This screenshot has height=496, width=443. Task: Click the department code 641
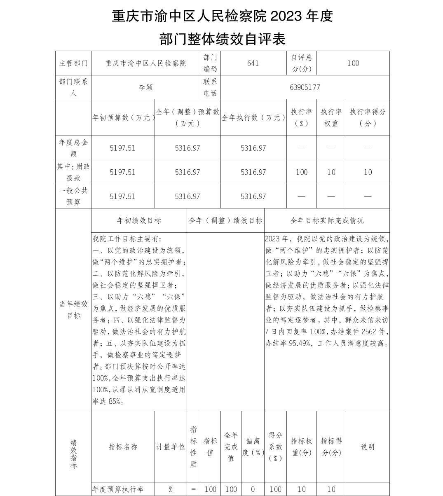click(253, 63)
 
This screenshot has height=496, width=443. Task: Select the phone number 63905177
click(305, 87)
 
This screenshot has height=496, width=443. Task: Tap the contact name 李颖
click(146, 87)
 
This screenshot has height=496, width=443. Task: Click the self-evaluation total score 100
click(353, 63)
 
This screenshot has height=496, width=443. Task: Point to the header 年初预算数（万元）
click(123, 117)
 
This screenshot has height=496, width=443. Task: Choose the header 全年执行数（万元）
click(253, 117)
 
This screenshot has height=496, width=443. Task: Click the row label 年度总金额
click(73, 148)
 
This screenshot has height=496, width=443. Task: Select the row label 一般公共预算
click(73, 196)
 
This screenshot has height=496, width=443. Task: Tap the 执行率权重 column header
click(331, 117)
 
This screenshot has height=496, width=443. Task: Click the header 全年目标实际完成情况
click(327, 220)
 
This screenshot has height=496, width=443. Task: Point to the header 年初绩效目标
click(139, 220)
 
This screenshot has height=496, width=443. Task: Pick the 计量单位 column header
click(171, 447)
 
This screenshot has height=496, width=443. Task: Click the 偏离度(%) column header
click(253, 447)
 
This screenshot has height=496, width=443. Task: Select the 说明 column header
click(368, 447)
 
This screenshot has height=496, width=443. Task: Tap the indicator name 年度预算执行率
click(118, 489)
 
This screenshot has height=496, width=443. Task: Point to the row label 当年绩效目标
click(73, 310)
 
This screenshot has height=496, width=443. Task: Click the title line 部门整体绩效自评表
click(222, 40)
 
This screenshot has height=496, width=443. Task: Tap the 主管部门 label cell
click(73, 63)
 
